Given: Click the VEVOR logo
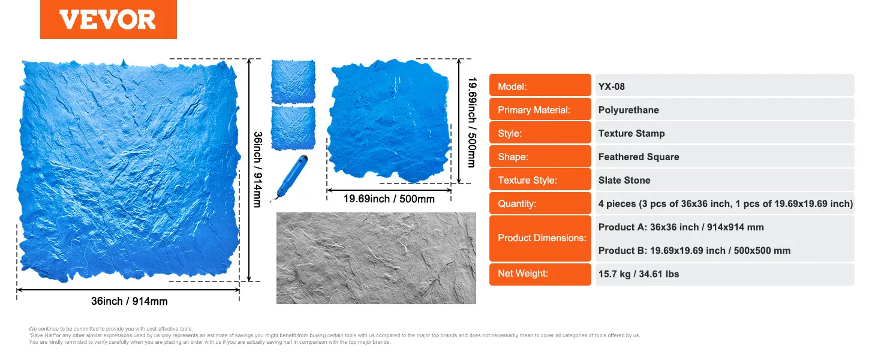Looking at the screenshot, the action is pos(108,19).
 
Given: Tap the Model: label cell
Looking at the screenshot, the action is pos(540,85).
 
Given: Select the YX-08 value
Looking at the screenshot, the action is pos(611,86).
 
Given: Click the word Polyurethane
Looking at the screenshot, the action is pos(629,110).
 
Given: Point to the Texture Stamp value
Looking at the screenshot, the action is pos(632,133).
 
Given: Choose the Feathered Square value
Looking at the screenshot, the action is pos(639,157).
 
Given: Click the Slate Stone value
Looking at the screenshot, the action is pos(624,181).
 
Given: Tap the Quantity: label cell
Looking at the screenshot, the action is pos(540,203).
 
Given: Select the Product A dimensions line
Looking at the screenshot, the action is pos(681,227).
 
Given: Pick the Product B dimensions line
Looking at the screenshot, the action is pos(694,251).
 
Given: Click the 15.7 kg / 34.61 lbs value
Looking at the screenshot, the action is pos(639,274).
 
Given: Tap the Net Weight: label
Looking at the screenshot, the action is pos(522,274).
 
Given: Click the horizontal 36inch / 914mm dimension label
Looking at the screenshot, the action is pos(130,301).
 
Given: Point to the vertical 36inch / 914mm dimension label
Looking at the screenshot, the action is pos(257,169).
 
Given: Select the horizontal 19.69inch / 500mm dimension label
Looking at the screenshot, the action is pos(389,199).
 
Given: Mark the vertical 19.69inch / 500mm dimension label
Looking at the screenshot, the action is pos(473,122).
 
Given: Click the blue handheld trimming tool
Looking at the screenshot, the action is pos(290,178).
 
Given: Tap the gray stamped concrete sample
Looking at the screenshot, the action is pos(376,258).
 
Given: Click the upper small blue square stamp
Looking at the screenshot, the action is pos(293,82).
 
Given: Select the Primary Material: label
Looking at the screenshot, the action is pos(534,110).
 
